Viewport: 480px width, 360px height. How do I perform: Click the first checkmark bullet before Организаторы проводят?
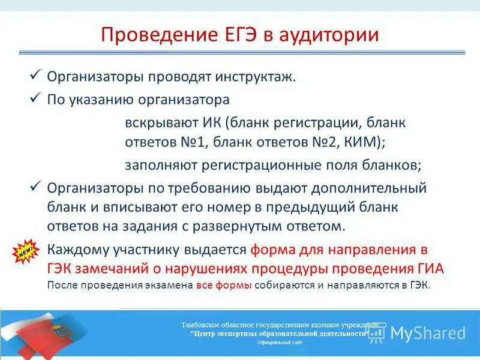click(x=35, y=76)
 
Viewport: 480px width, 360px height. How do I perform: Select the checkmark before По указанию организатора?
click(x=35, y=97)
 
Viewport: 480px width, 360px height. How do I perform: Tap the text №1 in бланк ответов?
click(x=186, y=143)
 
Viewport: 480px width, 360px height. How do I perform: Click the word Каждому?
click(x=74, y=249)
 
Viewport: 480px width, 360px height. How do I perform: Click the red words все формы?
click(x=224, y=286)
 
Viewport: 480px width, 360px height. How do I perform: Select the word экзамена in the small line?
click(x=169, y=286)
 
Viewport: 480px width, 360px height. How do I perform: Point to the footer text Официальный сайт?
click(x=280, y=342)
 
